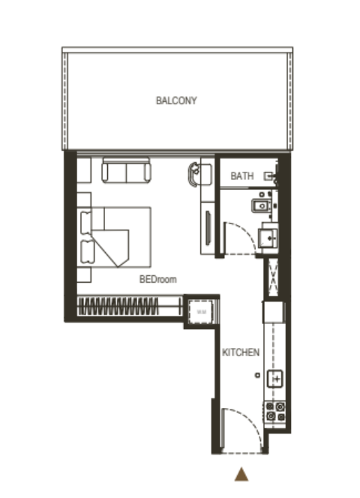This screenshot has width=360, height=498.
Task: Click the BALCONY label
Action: [176, 100]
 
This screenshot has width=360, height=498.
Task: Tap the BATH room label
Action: [242, 175]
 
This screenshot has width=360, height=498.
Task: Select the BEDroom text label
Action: [158, 279]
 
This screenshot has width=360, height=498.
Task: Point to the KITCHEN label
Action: [241, 352]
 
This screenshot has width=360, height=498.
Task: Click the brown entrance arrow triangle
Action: [241, 474]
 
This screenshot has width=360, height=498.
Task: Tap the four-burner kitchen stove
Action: [275, 411]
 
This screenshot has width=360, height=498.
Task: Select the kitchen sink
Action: [275, 379]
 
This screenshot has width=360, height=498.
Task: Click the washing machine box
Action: [201, 312]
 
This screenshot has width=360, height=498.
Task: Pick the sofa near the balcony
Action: [126, 171]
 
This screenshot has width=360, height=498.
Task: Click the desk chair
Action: [194, 174]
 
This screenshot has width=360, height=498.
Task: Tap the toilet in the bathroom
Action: [262, 205]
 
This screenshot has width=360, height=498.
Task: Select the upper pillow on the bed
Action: [85, 223]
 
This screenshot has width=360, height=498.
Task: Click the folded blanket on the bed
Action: [111, 246]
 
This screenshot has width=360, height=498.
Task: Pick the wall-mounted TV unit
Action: [208, 228]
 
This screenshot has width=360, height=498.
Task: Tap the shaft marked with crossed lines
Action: [273, 277]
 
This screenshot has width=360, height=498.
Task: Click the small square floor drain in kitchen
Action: [257, 375]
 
